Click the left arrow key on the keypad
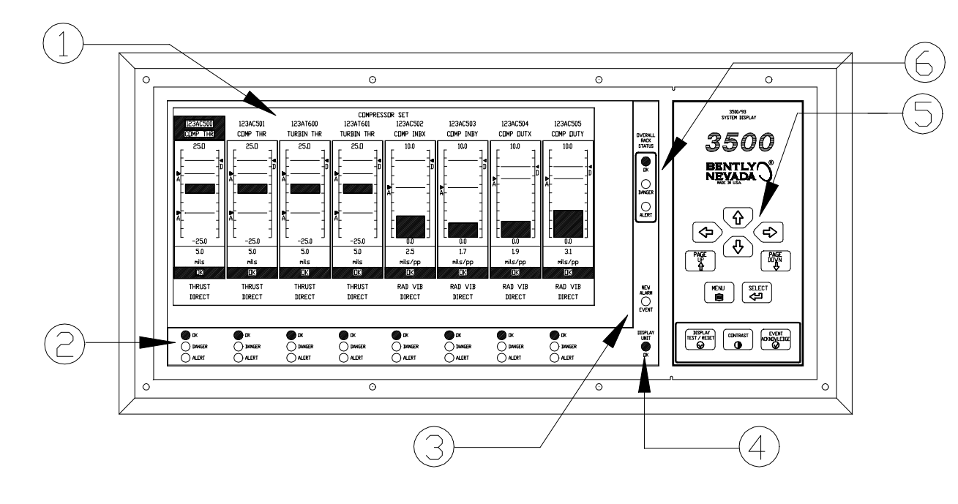tap(706, 232)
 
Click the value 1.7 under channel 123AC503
tap(463, 249)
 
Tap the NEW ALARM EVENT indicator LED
tap(645, 301)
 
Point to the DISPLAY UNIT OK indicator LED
tap(645, 346)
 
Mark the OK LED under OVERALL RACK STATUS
tap(645, 162)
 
